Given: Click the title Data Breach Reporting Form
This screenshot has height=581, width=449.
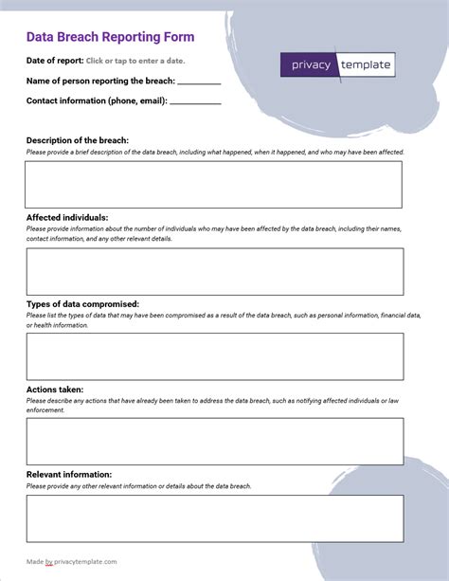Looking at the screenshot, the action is point(110,38).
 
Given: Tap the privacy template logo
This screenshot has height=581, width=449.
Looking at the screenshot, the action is point(337,64).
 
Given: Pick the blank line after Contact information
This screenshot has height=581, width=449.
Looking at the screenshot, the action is point(196,101).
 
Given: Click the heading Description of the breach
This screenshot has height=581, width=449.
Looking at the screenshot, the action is point(78,140).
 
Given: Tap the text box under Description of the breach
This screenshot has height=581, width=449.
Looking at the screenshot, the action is point(214,184).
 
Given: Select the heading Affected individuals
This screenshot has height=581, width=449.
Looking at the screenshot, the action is point(67,217).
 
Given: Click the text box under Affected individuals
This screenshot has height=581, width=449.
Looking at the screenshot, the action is point(214,271).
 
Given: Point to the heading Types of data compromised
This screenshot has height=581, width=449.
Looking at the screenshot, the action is point(83,304).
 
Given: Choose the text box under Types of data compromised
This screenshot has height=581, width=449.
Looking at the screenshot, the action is point(214,356).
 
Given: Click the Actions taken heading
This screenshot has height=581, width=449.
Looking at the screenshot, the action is point(55,389).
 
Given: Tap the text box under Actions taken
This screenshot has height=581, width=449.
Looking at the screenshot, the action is point(214,442).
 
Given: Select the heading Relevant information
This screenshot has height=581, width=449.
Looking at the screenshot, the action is point(69,474).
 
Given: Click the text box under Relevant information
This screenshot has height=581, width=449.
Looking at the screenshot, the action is point(214,518).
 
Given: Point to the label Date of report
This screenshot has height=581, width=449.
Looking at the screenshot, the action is point(54,61).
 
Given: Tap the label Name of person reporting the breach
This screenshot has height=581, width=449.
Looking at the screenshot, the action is point(100,81).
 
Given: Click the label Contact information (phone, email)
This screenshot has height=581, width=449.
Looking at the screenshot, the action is point(97,100).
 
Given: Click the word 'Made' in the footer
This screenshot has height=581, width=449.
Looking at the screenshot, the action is point(35,561).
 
